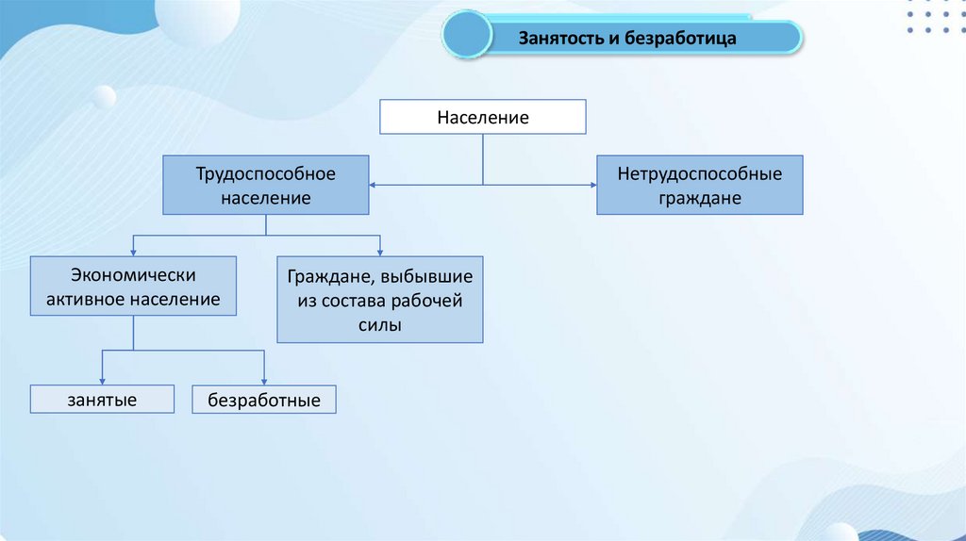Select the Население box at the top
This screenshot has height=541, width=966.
coord(482,118)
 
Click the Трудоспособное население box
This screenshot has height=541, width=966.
coord(266,186)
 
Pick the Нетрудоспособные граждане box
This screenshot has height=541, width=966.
coord(699,186)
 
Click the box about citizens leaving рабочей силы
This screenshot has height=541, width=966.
coord(379,299)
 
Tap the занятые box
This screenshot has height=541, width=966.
coord(102,400)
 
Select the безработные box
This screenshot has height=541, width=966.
coord(263,401)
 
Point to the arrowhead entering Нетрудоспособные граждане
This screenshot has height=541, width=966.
coord(592,184)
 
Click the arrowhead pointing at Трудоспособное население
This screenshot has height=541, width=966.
coord(373,184)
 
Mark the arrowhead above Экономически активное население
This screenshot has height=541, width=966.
coord(133,252)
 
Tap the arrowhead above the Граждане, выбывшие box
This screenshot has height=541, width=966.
coord(379,252)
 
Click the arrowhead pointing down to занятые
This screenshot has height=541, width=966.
coord(102,381)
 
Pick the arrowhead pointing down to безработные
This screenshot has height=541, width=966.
coord(263,381)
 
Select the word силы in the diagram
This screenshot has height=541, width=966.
coord(379,324)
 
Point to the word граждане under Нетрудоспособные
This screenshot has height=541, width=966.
coord(699,198)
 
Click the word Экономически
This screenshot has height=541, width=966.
coord(133,275)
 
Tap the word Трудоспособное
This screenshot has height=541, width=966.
coord(266,173)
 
